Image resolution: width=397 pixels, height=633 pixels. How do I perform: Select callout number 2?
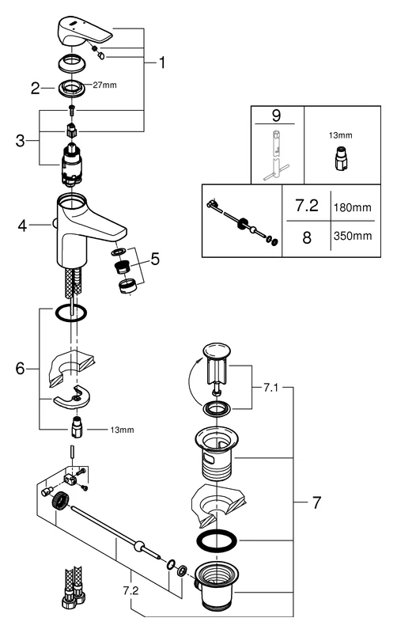click(x=35, y=89)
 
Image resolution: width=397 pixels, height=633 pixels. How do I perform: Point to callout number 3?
click(x=21, y=141)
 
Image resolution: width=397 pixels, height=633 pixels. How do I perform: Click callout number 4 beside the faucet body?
click(x=22, y=226)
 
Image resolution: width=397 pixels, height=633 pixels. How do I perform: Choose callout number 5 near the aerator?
click(x=156, y=258)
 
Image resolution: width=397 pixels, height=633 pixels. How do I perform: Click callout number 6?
click(x=21, y=367)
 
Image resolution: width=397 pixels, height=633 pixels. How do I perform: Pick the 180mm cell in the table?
click(x=352, y=207)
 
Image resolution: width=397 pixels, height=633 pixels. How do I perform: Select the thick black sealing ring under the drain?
click(x=216, y=543)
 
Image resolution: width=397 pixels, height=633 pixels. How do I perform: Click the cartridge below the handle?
click(x=74, y=167)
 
